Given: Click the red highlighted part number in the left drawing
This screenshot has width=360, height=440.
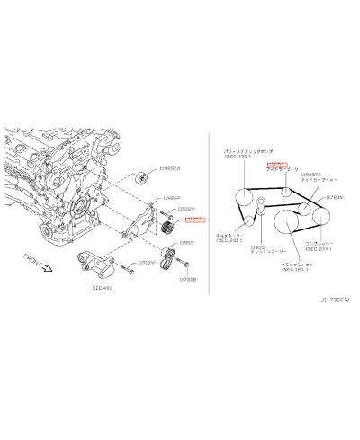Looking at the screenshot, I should point(195,219).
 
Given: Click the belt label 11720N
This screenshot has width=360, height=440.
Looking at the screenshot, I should point(337,196).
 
